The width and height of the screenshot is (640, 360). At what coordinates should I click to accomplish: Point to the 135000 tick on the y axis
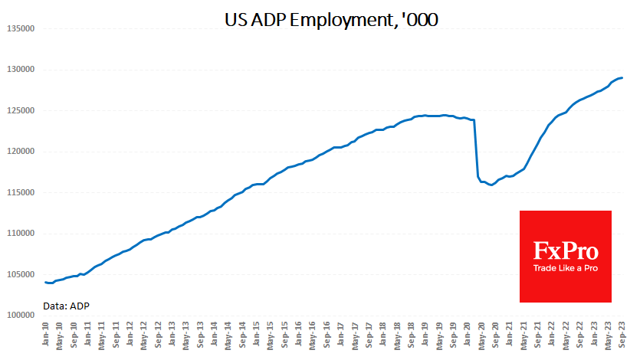(x=21, y=28)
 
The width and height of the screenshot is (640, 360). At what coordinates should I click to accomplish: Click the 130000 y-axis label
(x=21, y=69)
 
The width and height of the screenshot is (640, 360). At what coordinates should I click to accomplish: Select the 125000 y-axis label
(x=21, y=110)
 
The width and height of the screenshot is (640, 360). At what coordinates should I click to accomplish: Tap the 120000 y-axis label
(x=21, y=151)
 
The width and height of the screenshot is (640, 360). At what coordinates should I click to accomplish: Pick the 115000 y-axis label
(x=21, y=192)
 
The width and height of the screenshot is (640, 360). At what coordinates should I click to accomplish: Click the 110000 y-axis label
(x=21, y=233)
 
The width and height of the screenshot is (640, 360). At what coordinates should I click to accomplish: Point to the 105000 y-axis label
(x=21, y=274)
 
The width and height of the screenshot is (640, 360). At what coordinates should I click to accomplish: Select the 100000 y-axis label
(x=21, y=315)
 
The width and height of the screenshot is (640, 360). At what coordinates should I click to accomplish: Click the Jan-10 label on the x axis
(x=46, y=335)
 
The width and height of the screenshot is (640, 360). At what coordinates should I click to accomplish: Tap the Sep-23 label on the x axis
(x=620, y=335)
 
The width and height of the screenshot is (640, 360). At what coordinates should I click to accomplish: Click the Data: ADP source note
(x=67, y=306)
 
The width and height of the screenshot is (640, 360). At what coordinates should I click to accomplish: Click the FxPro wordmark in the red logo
(x=566, y=250)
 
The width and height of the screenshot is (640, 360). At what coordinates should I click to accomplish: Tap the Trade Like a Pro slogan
(x=566, y=268)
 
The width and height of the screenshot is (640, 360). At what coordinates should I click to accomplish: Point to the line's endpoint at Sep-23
(x=622, y=77)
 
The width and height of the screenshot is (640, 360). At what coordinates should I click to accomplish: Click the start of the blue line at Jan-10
(x=45, y=283)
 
